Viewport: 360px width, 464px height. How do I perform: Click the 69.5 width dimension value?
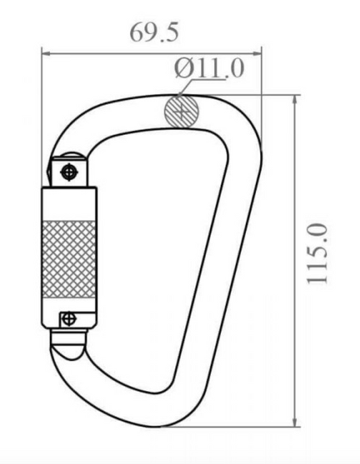coord(155,32)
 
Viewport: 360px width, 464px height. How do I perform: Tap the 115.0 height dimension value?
coord(317,254)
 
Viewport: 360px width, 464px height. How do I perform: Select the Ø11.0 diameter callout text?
coord(209,68)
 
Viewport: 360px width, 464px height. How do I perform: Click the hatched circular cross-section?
coord(181,111)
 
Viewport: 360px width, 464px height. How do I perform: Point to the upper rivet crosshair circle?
coord(69,172)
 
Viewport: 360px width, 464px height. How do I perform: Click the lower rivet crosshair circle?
coord(69,319)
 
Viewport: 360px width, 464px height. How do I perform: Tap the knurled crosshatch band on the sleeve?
coord(69,259)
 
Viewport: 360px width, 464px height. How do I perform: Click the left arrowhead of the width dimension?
coord(47,53)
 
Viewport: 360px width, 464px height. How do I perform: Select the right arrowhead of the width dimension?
coord(257,53)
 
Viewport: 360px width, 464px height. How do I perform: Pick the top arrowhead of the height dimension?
coord(294,101)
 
